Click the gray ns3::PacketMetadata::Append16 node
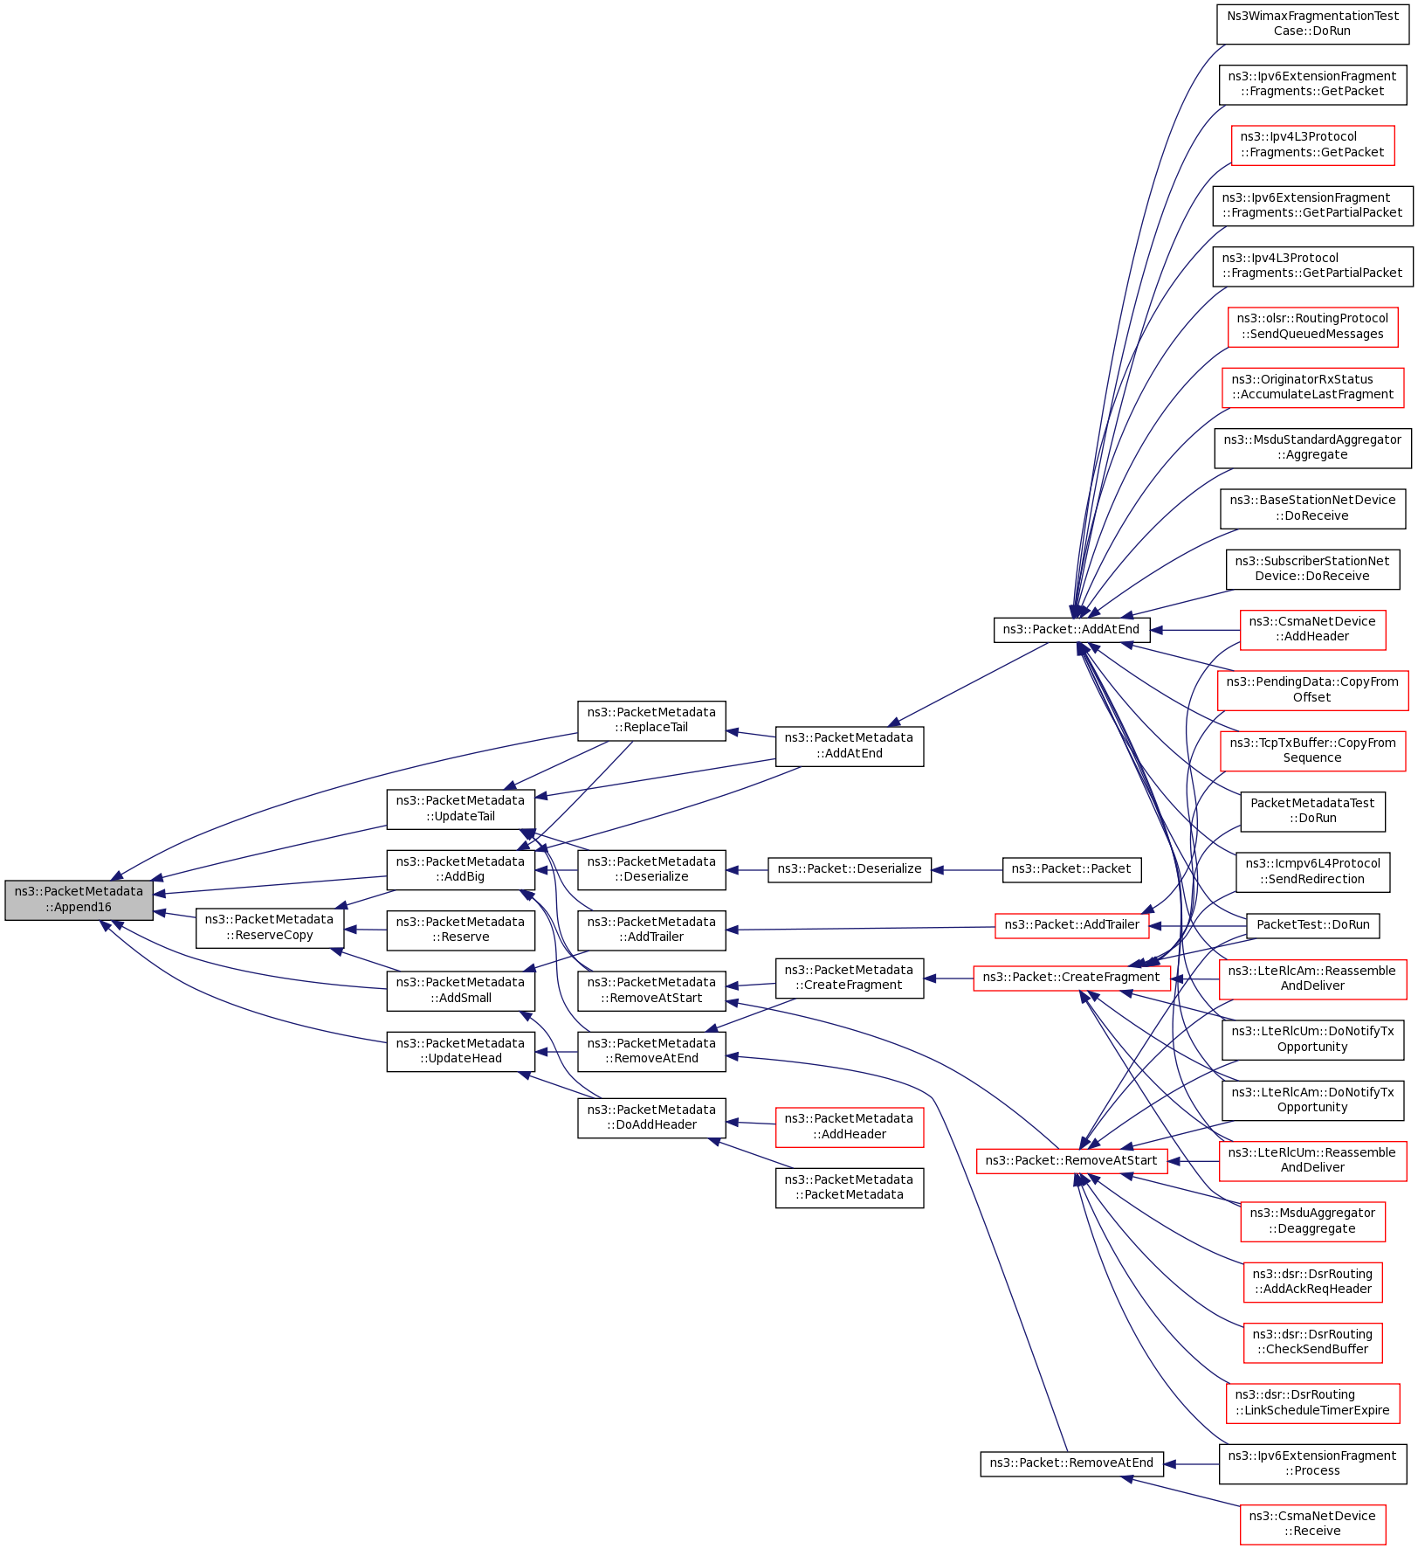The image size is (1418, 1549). coord(79,900)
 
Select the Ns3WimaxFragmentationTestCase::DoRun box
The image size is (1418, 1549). coord(1311,24)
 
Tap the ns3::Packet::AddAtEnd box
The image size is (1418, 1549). coord(1070,630)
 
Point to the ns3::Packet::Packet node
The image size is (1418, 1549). coord(1070,869)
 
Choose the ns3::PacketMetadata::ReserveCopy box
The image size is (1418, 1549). coord(269,928)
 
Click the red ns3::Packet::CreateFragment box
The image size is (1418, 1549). coord(1070,978)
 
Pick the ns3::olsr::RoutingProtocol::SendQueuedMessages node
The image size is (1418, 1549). coord(1311,327)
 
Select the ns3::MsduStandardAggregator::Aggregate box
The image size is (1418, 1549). coord(1311,447)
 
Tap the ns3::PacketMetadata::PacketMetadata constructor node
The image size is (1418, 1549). coord(849,1187)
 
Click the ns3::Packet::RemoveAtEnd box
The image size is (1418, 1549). coord(1070,1463)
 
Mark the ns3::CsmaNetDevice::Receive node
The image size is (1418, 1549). coord(1311,1524)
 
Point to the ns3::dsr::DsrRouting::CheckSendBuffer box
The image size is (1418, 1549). coord(1311,1342)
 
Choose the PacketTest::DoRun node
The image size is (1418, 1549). coord(1311,925)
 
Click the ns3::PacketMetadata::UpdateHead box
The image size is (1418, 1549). coord(460,1051)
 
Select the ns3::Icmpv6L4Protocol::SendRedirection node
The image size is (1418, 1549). coord(1311,872)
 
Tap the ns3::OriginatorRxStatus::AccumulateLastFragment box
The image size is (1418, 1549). coord(1311,387)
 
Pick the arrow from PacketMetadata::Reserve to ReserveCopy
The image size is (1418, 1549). coord(366,930)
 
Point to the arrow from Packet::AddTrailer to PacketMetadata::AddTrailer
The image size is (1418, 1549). coord(860,928)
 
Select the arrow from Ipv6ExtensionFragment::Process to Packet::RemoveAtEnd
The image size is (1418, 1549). coord(1191,1464)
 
